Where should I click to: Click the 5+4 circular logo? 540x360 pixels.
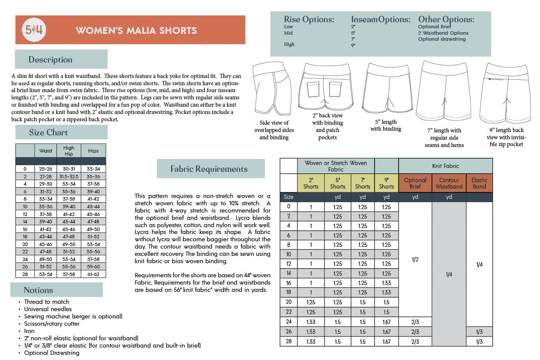(x=34, y=30)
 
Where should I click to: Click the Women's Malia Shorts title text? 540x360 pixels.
(x=136, y=30)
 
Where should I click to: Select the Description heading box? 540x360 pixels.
(x=61, y=59)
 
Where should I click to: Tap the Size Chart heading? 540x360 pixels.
(x=61, y=132)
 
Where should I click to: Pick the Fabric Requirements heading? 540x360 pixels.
(x=211, y=168)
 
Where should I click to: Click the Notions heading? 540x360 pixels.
(x=57, y=290)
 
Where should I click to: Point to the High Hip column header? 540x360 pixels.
(x=69, y=151)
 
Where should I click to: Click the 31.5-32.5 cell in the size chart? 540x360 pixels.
(x=69, y=177)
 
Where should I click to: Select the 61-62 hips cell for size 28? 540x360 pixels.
(x=93, y=274)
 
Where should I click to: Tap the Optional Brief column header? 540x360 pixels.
(x=415, y=183)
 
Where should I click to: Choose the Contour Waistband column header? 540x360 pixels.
(x=449, y=183)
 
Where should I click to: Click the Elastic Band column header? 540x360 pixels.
(x=479, y=183)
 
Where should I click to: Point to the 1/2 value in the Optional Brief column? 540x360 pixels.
(x=415, y=259)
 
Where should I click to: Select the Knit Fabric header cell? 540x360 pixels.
(x=446, y=166)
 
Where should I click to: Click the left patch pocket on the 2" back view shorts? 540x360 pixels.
(x=313, y=90)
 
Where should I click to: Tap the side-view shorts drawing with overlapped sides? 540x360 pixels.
(x=272, y=88)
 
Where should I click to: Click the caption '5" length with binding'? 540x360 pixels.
(x=386, y=125)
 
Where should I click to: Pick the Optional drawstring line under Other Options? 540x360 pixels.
(x=442, y=39)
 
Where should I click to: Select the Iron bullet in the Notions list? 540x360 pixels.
(x=29, y=331)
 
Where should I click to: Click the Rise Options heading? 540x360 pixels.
(x=309, y=19)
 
